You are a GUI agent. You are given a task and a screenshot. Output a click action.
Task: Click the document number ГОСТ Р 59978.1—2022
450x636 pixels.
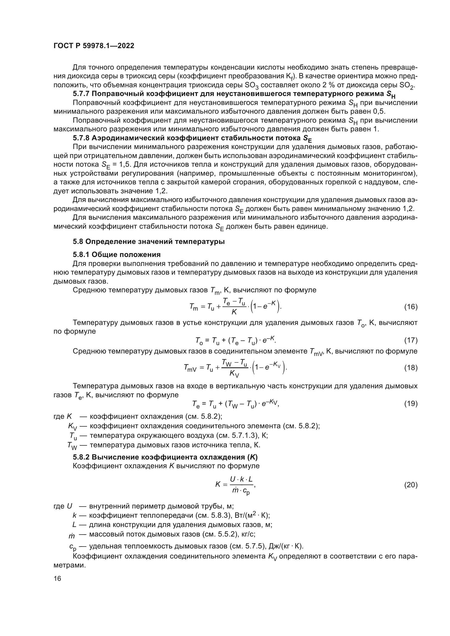[94, 46]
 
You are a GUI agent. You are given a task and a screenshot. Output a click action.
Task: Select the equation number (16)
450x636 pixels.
[411, 307]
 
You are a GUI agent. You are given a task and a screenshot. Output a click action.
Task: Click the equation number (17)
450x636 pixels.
[411, 340]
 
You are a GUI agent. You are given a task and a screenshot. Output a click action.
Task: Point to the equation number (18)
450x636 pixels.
[411, 368]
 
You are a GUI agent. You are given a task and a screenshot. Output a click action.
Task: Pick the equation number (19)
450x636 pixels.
[411, 404]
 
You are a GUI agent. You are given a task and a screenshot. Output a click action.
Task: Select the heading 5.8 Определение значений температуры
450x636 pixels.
[149, 241]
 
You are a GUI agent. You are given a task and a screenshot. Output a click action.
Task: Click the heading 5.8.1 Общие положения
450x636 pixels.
[117, 254]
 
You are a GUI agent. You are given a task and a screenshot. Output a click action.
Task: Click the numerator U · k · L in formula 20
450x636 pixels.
[241, 479]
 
